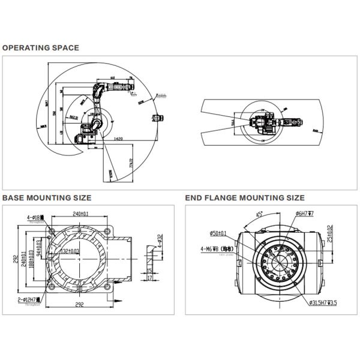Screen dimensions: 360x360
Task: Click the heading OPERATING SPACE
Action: click(41, 47)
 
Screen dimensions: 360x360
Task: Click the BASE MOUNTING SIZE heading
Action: click(47, 197)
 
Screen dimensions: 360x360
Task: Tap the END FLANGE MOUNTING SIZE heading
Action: click(244, 197)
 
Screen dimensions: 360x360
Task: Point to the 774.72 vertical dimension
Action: click(131, 163)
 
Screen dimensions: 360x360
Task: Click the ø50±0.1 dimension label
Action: click(218, 233)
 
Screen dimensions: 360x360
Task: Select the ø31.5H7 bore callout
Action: click(325, 303)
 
